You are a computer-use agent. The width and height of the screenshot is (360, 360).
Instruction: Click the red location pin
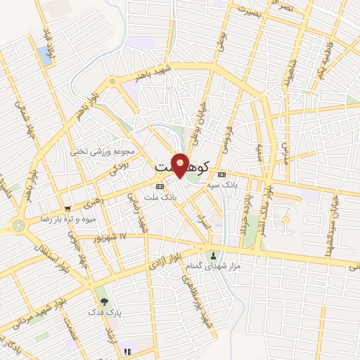pos(181,165)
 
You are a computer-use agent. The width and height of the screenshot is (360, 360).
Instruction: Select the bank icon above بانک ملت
pos(160,186)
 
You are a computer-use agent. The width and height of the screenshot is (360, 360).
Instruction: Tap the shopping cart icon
pos(67,209)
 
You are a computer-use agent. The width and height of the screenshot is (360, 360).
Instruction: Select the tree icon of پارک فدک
pos(104,301)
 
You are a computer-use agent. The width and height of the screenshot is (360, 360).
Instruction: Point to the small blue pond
pos(46,56)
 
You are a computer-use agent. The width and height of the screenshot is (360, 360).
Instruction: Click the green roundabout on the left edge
pos(17,226)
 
